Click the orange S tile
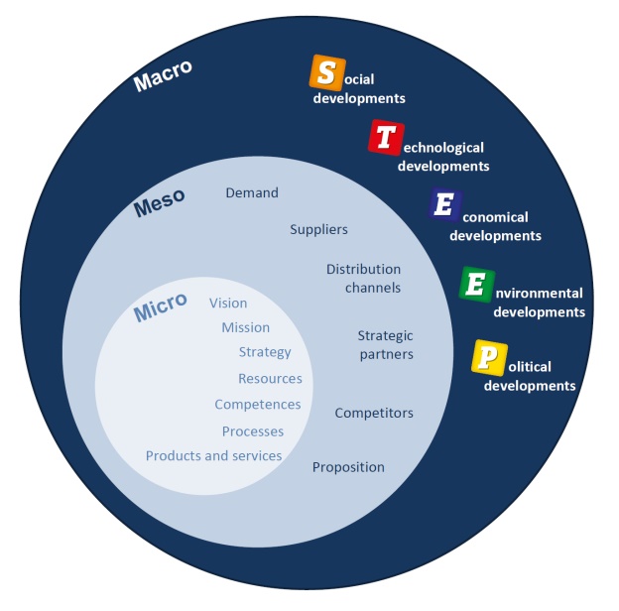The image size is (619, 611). (x=326, y=71)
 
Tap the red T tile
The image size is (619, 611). (x=384, y=137)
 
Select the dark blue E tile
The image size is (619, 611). (x=445, y=204)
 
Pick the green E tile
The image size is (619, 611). (x=476, y=284)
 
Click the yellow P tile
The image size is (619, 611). (x=487, y=357)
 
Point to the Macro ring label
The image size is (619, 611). (x=163, y=75)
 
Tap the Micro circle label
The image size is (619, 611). (x=160, y=307)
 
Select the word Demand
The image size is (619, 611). (x=252, y=192)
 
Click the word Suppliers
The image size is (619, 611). (x=318, y=229)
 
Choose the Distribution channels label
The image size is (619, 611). (x=363, y=279)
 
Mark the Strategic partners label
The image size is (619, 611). (x=385, y=344)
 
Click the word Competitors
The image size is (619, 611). (x=374, y=413)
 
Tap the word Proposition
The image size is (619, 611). (x=348, y=467)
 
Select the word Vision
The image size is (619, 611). (x=228, y=303)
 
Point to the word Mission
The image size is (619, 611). (x=245, y=327)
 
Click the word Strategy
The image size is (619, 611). (x=265, y=352)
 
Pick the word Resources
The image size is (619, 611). (x=270, y=378)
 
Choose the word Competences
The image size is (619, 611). (x=258, y=405)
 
